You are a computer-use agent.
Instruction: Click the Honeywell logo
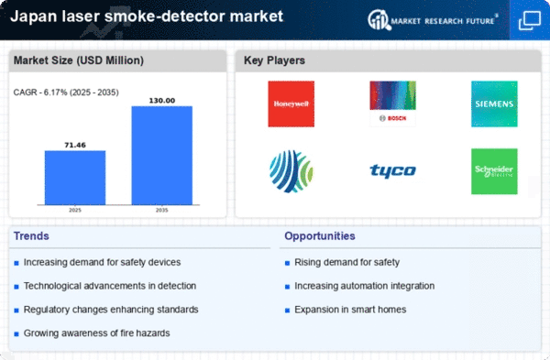(291, 104)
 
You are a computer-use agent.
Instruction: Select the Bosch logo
(392, 104)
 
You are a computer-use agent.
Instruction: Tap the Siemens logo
(494, 104)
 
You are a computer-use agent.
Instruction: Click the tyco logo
(392, 171)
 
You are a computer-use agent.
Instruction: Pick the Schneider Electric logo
(494, 171)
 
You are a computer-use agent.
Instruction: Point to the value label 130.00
(162, 100)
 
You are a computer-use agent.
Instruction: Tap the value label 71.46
(75, 145)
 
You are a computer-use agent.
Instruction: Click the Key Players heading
(274, 61)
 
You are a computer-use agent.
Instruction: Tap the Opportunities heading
(321, 236)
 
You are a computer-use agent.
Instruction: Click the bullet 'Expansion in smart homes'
(350, 310)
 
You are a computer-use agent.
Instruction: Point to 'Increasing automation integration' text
(364, 286)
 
